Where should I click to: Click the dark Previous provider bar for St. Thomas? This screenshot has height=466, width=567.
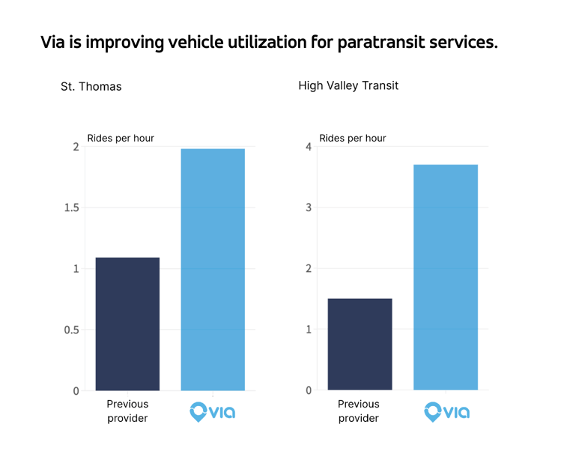[x=127, y=324]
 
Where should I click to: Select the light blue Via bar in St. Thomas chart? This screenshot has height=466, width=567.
[x=213, y=270]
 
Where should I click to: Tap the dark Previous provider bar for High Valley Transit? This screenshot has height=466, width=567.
[x=360, y=344]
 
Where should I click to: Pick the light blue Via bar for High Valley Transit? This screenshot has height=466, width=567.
[x=445, y=277]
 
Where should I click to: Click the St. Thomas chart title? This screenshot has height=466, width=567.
[x=91, y=86]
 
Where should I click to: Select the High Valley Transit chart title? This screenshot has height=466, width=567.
[x=348, y=85]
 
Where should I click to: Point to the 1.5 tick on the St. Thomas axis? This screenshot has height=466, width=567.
[x=71, y=208]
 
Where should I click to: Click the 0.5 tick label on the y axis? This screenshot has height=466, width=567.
[x=71, y=330]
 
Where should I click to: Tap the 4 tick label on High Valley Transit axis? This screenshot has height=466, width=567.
[x=308, y=147]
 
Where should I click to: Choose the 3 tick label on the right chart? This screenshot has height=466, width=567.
[x=308, y=208]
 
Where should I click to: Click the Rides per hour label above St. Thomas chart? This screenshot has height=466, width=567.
[x=121, y=138]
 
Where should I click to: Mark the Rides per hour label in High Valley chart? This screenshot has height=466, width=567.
[x=353, y=138]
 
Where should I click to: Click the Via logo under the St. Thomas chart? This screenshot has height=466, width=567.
[x=212, y=411]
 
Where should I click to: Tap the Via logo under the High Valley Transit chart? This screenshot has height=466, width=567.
[x=446, y=411]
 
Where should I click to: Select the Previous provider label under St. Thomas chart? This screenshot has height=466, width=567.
[x=127, y=411]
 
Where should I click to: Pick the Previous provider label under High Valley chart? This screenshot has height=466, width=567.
[x=359, y=411]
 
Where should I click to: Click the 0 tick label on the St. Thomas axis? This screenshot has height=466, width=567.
[x=76, y=390]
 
